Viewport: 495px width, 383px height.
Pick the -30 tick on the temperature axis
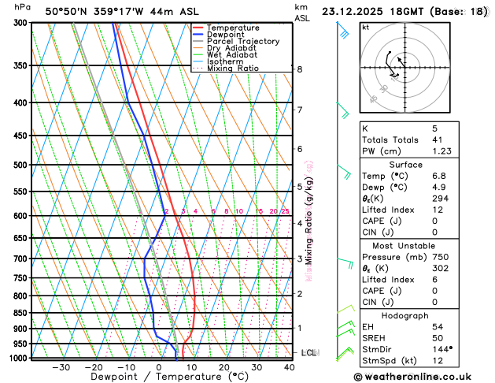pyautogui.click(x=61, y=367)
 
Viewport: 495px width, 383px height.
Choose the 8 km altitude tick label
pyautogui.click(x=300, y=69)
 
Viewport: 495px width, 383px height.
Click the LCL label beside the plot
pyautogui.click(x=308, y=353)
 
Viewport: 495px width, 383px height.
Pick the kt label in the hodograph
pyautogui.click(x=365, y=27)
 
